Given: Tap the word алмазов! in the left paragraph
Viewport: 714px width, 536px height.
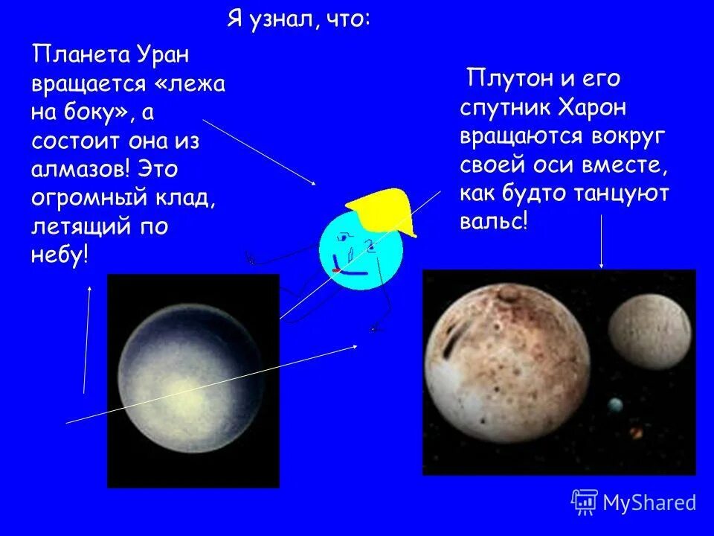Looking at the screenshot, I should [x=79, y=168].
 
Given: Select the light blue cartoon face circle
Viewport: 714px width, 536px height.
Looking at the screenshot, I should [x=361, y=253].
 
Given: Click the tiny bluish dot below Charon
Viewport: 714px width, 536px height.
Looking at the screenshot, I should [x=615, y=406].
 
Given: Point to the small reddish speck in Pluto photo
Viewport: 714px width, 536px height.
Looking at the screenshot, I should [x=636, y=432].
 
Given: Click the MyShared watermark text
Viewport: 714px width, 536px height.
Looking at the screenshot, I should [x=649, y=503].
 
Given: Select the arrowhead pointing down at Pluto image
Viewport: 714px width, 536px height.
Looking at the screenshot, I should [x=601, y=264].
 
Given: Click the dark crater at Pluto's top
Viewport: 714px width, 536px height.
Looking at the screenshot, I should [x=509, y=298].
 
